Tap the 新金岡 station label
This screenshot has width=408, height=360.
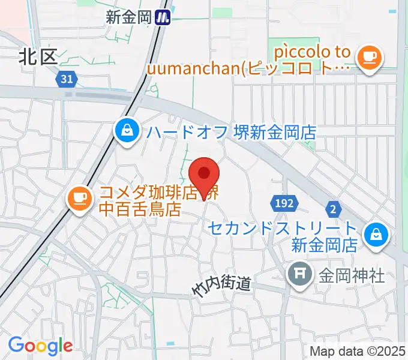click(128, 18)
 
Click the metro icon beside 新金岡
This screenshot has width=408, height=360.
click(163, 18)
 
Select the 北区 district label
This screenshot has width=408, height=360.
click(37, 56)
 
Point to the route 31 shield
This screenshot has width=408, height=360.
click(68, 79)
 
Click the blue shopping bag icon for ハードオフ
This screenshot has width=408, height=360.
click(127, 130)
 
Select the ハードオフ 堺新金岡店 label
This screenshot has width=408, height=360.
click(231, 132)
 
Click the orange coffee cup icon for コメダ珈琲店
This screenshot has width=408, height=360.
click(79, 198)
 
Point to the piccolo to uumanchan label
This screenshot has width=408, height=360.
click(252, 60)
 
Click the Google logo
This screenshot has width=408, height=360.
click(40, 345)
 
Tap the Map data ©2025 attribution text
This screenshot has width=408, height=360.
click(356, 351)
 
